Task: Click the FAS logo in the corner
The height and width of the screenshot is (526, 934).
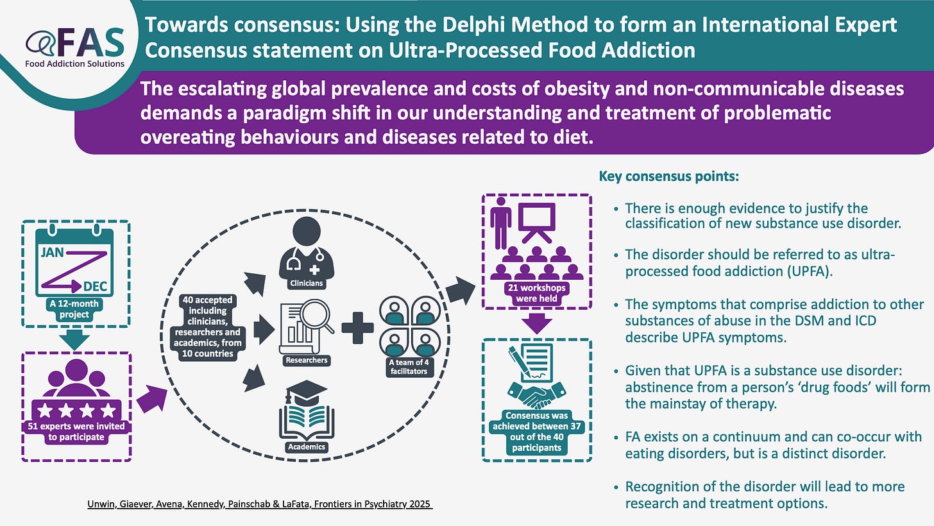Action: coord(76,46)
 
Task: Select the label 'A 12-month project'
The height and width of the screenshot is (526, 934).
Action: coord(76,309)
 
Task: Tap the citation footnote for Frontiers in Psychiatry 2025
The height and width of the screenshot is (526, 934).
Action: coord(260,504)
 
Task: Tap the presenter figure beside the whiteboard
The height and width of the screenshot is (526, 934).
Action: coord(500,222)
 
